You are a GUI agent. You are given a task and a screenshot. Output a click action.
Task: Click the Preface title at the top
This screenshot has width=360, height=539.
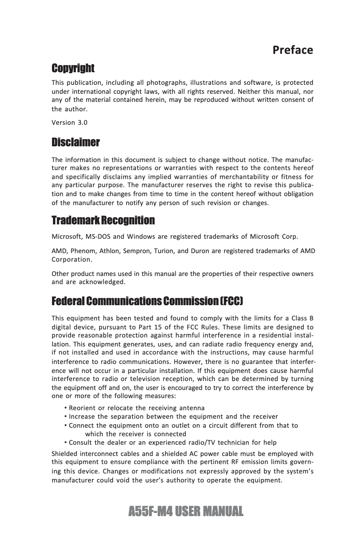tap(293, 50)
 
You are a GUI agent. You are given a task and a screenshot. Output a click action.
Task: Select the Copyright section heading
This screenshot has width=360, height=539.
tap(73, 68)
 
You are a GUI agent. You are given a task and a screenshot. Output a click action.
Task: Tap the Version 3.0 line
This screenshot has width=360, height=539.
tap(70, 123)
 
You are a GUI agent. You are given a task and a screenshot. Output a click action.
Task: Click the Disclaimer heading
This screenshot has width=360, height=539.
tap(75, 143)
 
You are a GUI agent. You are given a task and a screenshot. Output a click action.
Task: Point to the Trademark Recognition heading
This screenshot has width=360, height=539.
tap(103, 220)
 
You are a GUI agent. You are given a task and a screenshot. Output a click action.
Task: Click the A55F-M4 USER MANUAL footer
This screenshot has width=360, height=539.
tap(185, 511)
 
